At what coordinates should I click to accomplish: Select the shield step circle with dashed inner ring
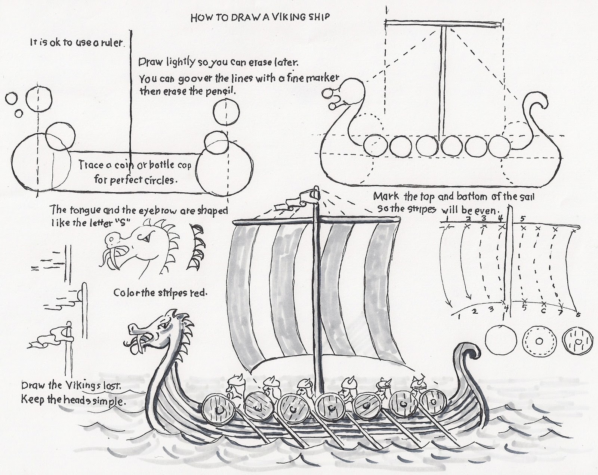pyautogui.click(x=539, y=341)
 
